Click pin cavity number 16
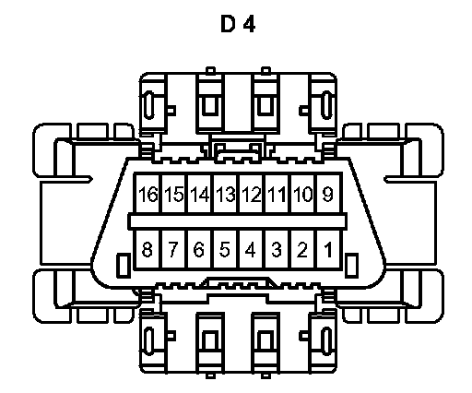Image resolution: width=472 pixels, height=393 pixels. coord(147,194)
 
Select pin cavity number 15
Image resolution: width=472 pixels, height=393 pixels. coord(173,194)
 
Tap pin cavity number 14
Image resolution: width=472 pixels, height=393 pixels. coord(199,194)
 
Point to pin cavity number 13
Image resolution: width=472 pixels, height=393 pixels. coord(225,194)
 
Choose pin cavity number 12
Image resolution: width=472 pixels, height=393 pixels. coord(251,194)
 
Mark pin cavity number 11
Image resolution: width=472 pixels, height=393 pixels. coord(277,194)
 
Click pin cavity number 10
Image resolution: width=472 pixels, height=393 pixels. coord(302,194)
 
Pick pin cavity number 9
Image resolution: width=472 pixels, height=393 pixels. coord(328,194)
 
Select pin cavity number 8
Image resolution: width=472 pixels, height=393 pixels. coord(147,249)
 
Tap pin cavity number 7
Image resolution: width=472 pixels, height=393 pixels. coord(173,249)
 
